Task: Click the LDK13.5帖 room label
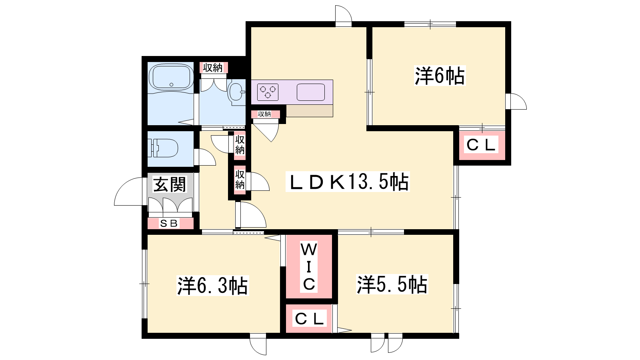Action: click(x=348, y=182)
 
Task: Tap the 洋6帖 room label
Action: click(x=440, y=76)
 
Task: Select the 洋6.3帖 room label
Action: click(x=212, y=286)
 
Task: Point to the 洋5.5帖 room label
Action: click(x=392, y=284)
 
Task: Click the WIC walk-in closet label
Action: click(x=309, y=267)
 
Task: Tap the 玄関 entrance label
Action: click(x=170, y=184)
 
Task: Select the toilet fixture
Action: click(x=162, y=148)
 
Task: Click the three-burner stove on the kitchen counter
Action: click(x=268, y=92)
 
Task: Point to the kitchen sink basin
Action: click(x=311, y=92)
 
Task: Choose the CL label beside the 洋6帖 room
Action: click(x=481, y=144)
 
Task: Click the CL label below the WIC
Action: click(x=309, y=318)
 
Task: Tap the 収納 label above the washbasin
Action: click(x=213, y=68)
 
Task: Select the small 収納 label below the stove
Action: click(x=264, y=114)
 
